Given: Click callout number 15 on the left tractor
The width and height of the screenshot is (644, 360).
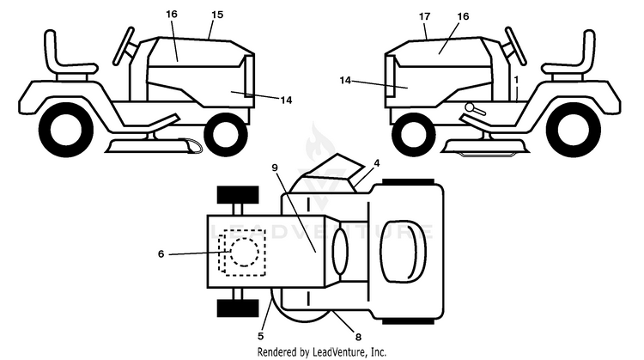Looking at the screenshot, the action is (217, 15).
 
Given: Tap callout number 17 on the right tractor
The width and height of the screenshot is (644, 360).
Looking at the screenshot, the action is (425, 16).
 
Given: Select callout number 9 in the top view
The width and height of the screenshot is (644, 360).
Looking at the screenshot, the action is (275, 168).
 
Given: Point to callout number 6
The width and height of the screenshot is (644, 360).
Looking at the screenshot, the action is (161, 254).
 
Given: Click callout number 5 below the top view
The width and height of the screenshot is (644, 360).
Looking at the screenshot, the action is (261, 336).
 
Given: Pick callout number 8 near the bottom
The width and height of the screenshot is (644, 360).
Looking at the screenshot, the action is (358, 337).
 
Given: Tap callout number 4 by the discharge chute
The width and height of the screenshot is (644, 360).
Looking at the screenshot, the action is (377, 163).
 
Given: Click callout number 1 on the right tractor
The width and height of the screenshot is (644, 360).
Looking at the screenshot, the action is (516, 79).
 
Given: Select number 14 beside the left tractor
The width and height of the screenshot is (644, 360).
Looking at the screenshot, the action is (286, 100).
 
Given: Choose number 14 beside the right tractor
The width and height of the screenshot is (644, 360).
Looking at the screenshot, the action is (345, 81).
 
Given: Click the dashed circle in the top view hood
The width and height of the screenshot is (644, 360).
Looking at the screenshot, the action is (245, 252).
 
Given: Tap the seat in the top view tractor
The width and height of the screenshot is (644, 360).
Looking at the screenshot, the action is (404, 251).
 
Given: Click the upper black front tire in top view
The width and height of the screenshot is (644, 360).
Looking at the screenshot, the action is (238, 195).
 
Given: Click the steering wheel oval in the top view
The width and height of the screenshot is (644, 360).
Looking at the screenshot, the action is (340, 252).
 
